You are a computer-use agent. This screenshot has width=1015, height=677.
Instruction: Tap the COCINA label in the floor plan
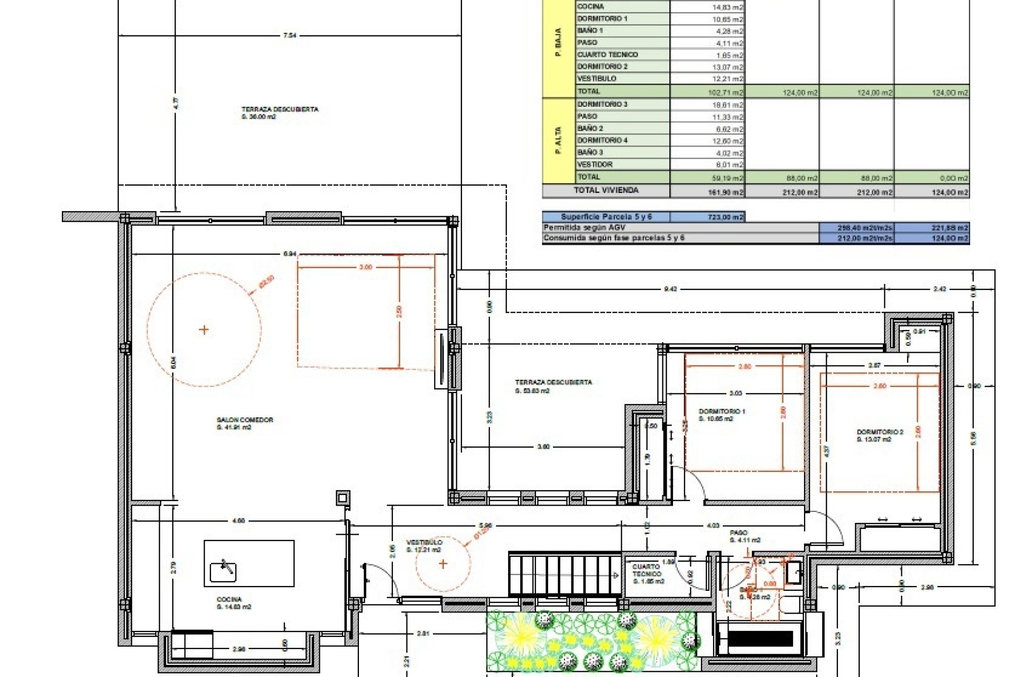pos(229,599)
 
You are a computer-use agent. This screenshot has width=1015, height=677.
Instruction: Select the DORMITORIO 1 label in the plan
pos(722,411)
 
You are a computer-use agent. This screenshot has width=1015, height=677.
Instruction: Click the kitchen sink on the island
pos(223,571)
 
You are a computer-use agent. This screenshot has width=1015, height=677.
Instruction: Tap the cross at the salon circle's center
pos(204,330)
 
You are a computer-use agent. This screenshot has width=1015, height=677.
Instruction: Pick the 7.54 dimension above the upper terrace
pos(290,36)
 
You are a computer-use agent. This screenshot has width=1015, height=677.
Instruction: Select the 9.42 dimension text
pos(670,289)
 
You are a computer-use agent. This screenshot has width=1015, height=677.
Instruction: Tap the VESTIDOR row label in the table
pos(595,164)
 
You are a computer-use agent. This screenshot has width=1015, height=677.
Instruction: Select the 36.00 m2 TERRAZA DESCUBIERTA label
pos(280,109)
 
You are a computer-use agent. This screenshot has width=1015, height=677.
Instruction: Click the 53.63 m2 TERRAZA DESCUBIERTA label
pos(553,382)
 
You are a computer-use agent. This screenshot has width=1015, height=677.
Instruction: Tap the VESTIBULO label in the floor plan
pos(424,543)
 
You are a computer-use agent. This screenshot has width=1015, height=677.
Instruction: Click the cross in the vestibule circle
pos(443,564)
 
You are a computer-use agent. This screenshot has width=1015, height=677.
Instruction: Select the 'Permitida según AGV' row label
pos(584,227)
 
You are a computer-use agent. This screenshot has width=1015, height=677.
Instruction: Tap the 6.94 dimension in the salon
pos(289,254)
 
